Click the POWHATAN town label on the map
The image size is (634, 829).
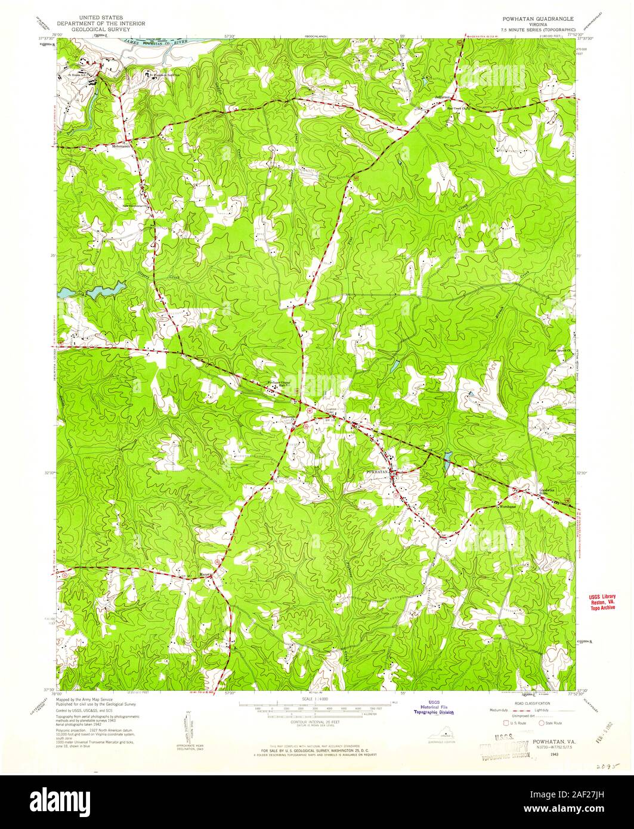tap(378, 471)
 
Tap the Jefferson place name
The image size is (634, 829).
tap(442, 97)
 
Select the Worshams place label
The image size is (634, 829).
tap(506, 506)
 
